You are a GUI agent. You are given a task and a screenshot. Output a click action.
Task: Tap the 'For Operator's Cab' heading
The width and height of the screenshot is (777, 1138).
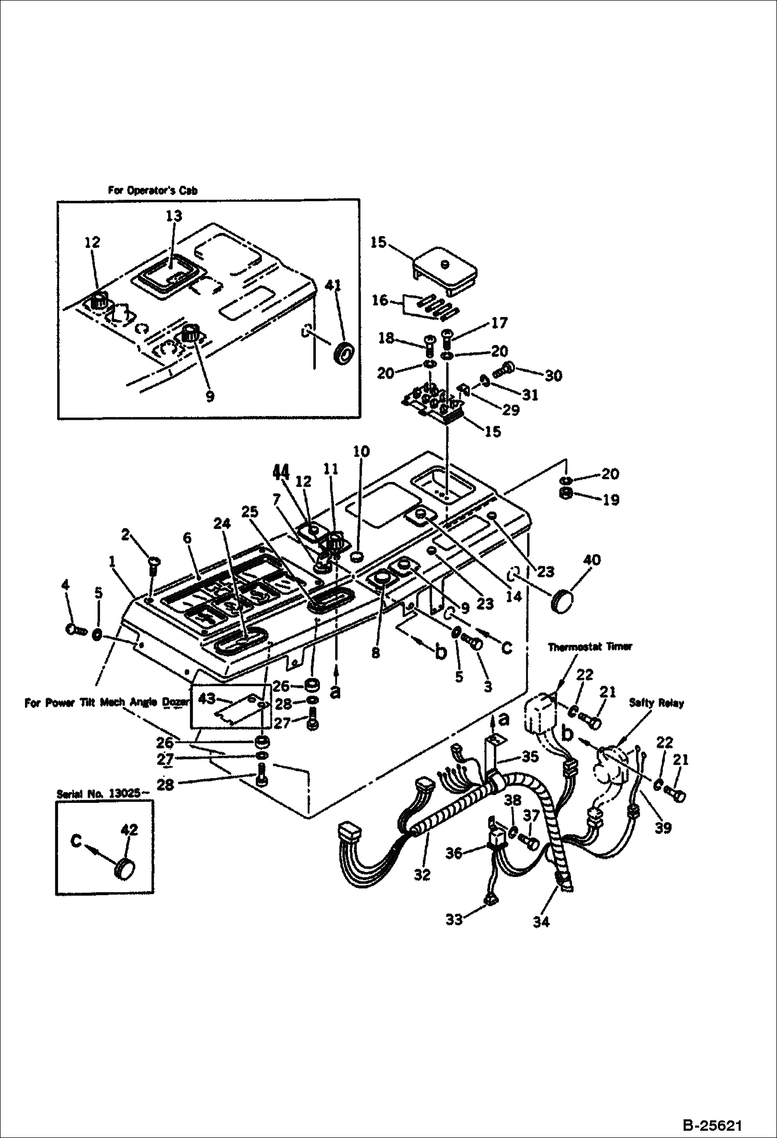[152, 190]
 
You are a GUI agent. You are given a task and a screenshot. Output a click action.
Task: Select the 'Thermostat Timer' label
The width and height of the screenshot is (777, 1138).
[590, 647]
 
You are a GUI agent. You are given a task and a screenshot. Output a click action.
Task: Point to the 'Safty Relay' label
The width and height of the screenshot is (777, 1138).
[656, 703]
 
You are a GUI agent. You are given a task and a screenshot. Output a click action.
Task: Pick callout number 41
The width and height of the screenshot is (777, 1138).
[334, 285]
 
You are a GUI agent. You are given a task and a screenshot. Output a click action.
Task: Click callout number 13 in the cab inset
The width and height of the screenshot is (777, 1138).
[174, 215]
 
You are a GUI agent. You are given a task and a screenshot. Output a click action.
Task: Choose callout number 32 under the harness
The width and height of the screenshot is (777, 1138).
[422, 875]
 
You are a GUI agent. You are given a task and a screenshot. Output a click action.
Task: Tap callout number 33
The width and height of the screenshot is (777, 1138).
[453, 920]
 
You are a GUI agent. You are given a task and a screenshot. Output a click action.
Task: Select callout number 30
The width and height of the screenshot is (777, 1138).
[553, 375]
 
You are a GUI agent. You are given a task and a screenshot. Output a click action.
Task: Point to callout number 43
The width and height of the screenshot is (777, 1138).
[207, 699]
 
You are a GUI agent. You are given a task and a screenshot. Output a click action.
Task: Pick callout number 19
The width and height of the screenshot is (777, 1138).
[610, 499]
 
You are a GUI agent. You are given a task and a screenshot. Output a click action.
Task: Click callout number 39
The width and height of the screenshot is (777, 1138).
[663, 828]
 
